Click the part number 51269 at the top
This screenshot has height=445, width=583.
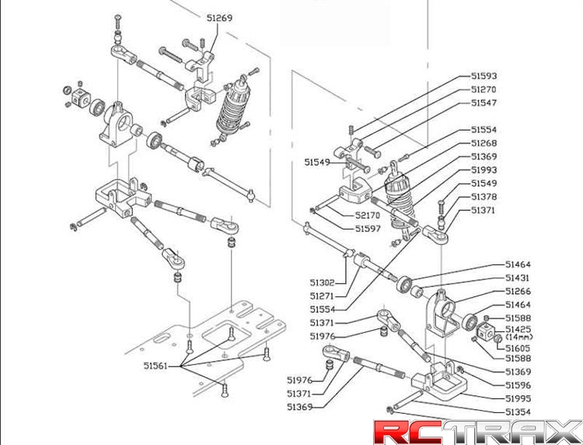pos(219,17)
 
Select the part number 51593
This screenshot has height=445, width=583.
pos(484,76)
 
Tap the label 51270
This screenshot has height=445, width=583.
pos(484,89)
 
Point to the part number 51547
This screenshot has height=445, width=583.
pos(484,103)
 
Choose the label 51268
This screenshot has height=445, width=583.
pos(484,143)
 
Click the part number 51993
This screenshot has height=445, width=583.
pos(484,170)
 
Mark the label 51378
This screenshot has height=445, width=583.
pos(484,197)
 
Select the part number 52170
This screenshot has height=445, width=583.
pos(368,215)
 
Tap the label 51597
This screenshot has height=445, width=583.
pos(368,228)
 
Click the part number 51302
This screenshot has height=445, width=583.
pos(322,283)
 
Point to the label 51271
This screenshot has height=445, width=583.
pos(322,296)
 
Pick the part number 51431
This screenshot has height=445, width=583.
pos(518,278)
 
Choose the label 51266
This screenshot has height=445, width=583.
pos(518,291)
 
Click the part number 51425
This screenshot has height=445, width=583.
pos(518,330)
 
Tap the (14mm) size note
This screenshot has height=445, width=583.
pos(519,338)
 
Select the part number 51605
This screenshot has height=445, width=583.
pos(518,348)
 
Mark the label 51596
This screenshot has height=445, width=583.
pos(518,384)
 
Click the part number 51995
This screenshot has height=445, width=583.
pos(518,398)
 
